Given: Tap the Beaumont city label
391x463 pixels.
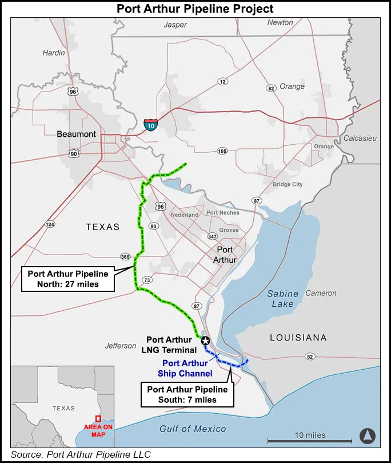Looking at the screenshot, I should (77, 134).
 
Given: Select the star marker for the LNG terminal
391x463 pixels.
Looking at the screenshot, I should (205, 341).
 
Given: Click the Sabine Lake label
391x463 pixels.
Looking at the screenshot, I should (283, 299).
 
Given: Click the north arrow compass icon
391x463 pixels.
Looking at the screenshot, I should (367, 436).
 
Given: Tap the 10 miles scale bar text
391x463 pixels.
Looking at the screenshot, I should (310, 435).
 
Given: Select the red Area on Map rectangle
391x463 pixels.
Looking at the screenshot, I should (98, 418).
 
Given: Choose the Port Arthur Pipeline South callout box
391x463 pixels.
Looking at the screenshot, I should (187, 395).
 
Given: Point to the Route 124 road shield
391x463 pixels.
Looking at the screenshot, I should (50, 224).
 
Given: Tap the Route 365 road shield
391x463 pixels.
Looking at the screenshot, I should (125, 256).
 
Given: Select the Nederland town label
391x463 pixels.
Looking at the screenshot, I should (185, 215).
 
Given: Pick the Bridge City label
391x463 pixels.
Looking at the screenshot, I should (288, 184).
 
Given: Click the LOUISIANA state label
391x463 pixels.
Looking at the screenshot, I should (298, 338).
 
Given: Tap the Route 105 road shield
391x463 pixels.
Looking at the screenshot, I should (222, 151).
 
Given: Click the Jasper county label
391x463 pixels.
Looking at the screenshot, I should (175, 25).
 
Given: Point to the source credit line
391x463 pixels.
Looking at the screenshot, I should (81, 455).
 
